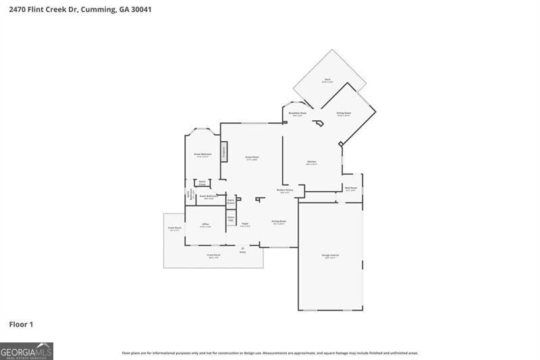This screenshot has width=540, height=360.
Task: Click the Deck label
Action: click(x=327, y=80)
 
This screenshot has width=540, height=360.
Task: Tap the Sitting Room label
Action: click(x=344, y=113)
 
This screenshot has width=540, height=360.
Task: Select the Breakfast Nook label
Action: click(x=298, y=113)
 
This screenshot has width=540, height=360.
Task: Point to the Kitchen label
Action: click(x=311, y=162)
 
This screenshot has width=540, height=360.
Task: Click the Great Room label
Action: click(x=252, y=157)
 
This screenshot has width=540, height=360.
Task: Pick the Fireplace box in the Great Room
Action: click(x=223, y=151)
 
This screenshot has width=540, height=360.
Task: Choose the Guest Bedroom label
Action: click(x=202, y=154)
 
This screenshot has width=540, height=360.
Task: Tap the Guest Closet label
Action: click(x=202, y=183)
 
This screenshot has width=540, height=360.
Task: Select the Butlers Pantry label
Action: click(x=285, y=190)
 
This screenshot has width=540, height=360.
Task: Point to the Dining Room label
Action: click(x=279, y=222)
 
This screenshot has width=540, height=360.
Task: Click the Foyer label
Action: click(x=245, y=224)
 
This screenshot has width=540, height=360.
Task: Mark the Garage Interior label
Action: click(x=330, y=255)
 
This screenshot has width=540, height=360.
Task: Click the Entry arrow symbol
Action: click(x=242, y=248)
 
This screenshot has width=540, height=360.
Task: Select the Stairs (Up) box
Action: click(x=230, y=219)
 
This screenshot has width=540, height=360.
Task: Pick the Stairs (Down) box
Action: click(x=230, y=201)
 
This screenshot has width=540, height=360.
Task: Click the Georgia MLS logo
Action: click(x=26, y=351)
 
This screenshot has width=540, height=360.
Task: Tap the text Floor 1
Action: click(x=21, y=325)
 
